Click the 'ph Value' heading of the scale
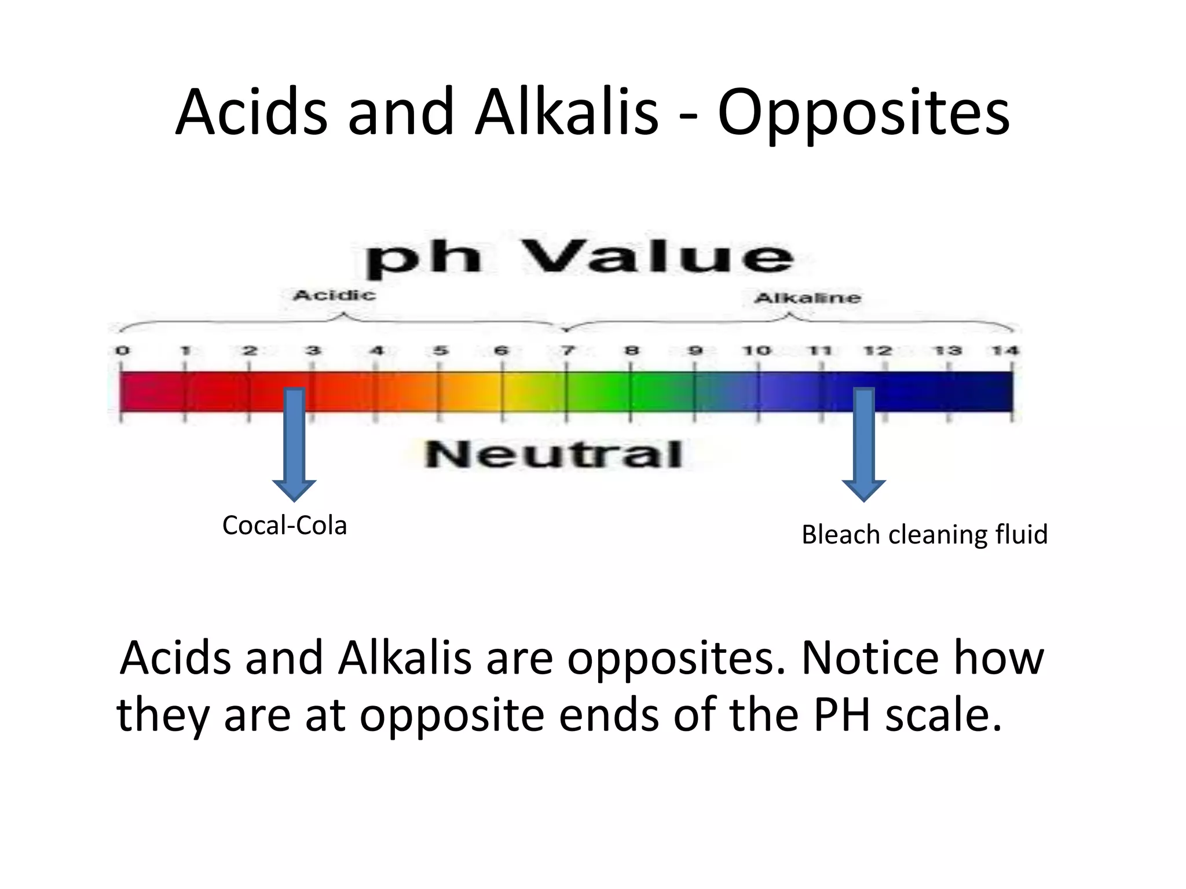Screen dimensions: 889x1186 pos(579,257)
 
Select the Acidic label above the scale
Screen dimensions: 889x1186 pos(334,296)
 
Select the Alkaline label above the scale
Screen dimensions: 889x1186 pos(807,298)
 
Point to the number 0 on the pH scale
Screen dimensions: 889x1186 pos(122,351)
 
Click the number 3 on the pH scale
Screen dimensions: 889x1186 pos(313,351)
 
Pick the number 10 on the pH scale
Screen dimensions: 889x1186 pos(756,351)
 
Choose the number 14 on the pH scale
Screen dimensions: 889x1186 pos(1005,351)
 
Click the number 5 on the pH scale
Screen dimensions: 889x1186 pos(441,351)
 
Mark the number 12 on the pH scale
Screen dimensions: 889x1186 pos(877,351)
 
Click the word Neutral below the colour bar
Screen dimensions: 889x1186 pos(553,454)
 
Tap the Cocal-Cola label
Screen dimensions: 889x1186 pos(284,526)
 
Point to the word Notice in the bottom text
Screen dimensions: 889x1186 pos(869,659)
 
